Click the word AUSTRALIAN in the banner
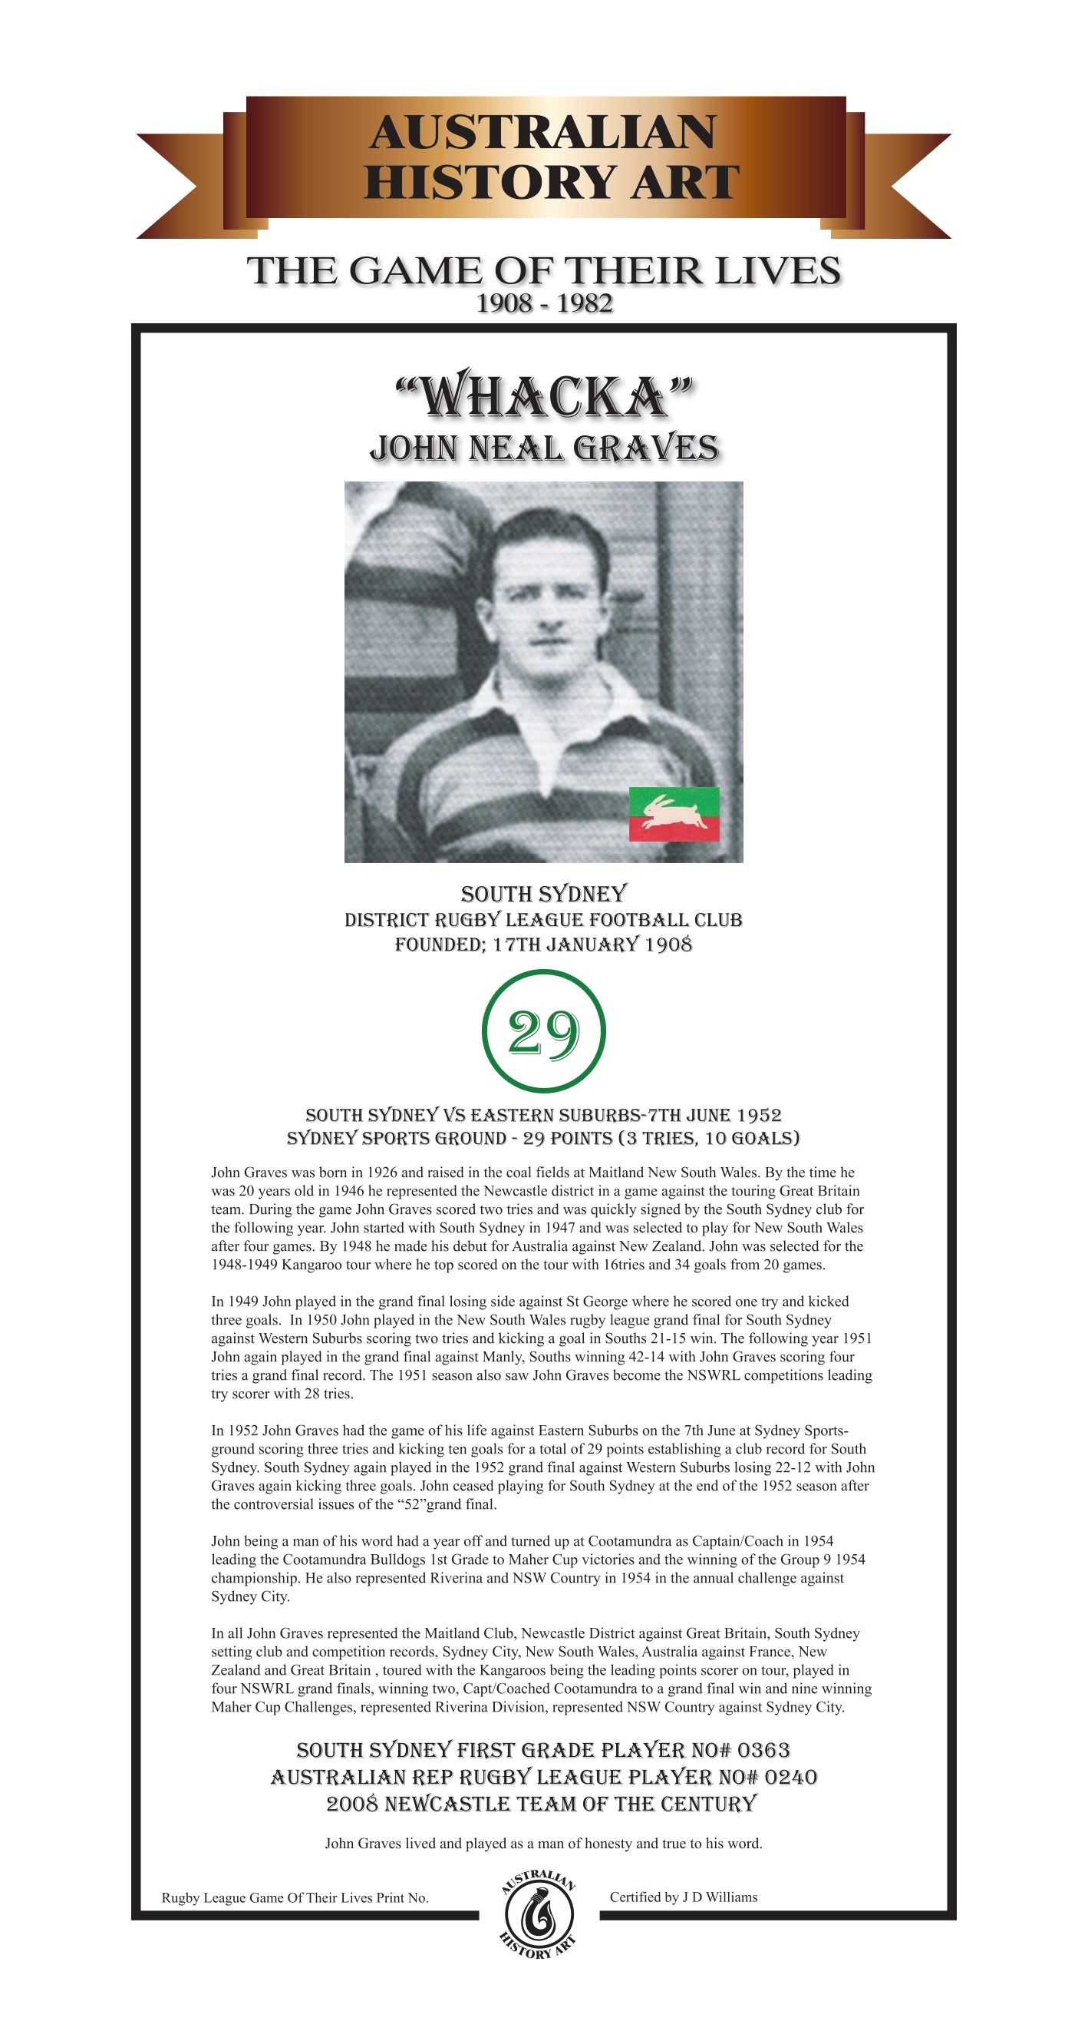542,132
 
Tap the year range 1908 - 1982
544,303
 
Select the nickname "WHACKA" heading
544,395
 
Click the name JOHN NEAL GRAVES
544,448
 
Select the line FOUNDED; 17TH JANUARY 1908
543,944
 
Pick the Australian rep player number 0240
790,1777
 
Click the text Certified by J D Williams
684,1897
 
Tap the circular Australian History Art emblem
539,1914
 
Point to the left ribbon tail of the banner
178,186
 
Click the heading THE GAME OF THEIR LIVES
544,271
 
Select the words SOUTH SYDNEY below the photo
544,895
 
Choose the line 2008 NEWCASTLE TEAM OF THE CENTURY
542,1804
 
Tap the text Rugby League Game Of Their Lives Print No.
295,1897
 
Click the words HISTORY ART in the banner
551,182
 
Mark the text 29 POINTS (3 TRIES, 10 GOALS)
661,1139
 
